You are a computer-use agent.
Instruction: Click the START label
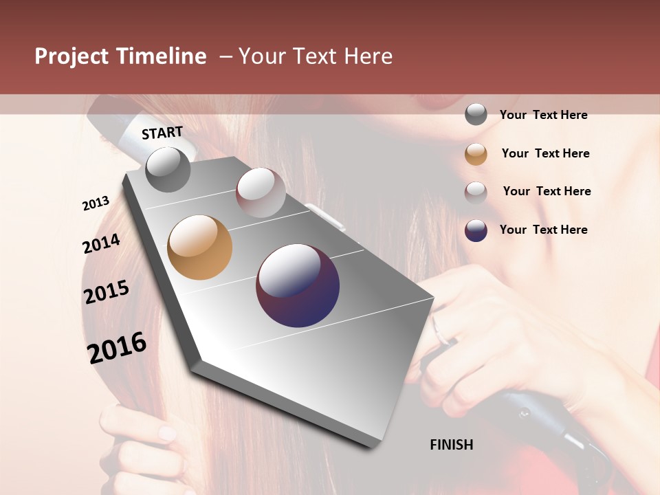(162, 133)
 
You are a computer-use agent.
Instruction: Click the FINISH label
(451, 445)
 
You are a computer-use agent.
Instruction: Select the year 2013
(96, 203)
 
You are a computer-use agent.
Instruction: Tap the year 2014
(101, 244)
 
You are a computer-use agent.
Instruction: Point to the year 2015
(107, 292)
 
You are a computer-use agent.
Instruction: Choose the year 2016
(117, 347)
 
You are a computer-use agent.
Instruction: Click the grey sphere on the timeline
(168, 169)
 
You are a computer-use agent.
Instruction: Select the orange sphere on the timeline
(199, 247)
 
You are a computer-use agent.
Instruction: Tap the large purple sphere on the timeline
(298, 285)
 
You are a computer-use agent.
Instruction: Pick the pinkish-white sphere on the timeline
(261, 192)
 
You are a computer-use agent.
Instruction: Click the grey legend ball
(476, 114)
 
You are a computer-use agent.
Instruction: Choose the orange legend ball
(476, 154)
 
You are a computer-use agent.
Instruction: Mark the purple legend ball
(476, 230)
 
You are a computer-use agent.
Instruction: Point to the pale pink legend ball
(476, 192)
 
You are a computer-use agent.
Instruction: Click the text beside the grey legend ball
(543, 115)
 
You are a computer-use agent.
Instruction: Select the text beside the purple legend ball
(543, 230)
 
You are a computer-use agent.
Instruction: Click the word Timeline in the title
(161, 56)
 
